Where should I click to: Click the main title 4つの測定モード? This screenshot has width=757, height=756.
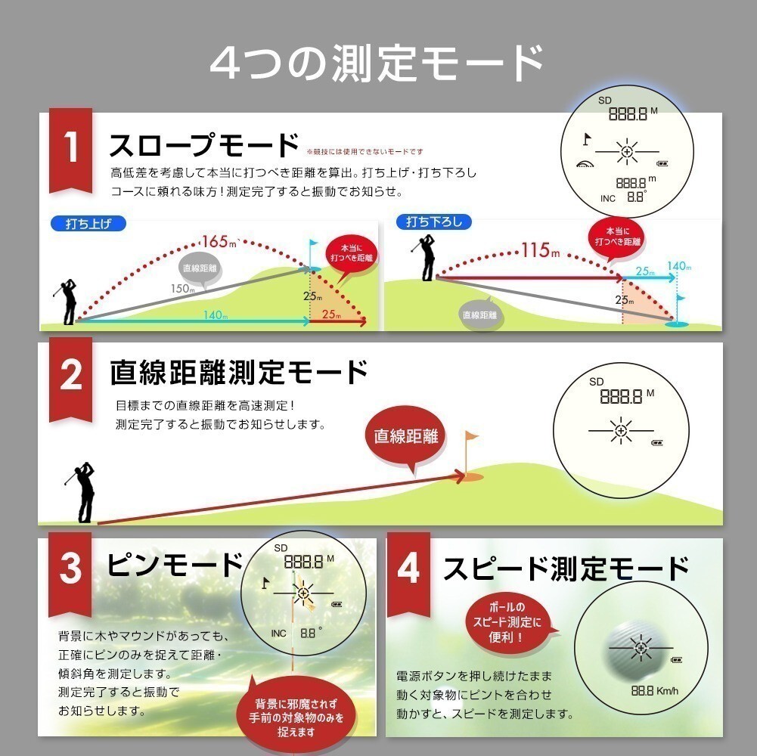[x=378, y=64]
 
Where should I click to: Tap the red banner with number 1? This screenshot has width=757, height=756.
[x=70, y=150]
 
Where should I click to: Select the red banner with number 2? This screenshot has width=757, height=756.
[x=70, y=379]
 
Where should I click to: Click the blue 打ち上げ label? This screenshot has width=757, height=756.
[x=88, y=224]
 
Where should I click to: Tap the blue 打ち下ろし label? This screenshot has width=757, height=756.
[x=433, y=222]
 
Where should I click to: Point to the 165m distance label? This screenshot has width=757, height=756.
[x=219, y=241]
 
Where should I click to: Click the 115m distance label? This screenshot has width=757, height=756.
[x=541, y=250]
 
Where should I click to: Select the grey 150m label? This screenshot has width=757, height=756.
[x=182, y=289]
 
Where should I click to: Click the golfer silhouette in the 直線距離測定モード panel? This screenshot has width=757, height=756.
[x=83, y=492]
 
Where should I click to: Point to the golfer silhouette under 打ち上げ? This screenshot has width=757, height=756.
[x=67, y=301]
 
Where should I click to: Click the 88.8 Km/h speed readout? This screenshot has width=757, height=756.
[x=655, y=691]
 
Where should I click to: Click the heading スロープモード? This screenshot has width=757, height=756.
[x=203, y=145]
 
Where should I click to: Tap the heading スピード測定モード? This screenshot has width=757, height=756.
[x=566, y=569]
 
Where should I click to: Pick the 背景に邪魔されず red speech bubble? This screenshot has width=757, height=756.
[x=296, y=717]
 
